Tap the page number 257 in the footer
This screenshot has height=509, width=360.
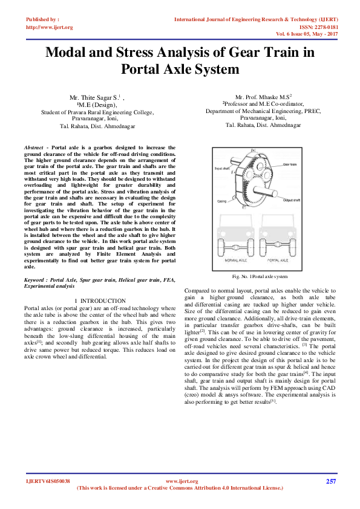(330, 481)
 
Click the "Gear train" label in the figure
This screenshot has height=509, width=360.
(290, 164)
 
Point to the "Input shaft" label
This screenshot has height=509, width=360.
(223, 169)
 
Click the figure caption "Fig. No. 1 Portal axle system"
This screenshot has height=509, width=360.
(259, 276)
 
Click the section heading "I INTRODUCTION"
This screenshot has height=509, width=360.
(99, 300)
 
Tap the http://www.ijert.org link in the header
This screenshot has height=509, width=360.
(49, 27)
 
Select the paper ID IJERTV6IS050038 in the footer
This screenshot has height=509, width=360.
(48, 481)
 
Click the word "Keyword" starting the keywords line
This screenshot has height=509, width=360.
(35, 280)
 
